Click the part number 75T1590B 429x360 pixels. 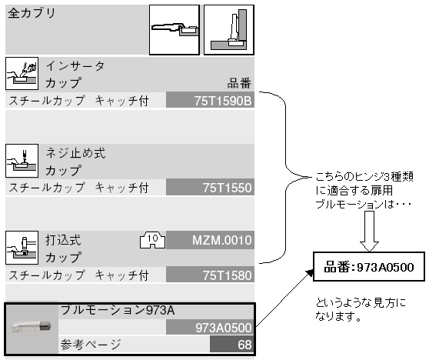point(223,101)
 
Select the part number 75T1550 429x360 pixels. point(227,188)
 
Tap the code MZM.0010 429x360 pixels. point(222,240)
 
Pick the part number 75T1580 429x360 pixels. point(227,275)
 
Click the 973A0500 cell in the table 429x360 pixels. point(223,328)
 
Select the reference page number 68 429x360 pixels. point(244,345)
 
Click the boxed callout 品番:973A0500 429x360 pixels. point(369,267)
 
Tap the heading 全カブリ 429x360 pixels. point(32,13)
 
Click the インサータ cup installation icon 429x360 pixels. point(22,73)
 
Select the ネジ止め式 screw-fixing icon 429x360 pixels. point(22,161)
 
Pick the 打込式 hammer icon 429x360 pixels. point(22,248)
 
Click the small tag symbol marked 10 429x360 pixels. point(152,240)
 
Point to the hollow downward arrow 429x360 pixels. point(369,232)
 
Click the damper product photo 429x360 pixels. point(32,327)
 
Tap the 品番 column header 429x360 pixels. point(239,83)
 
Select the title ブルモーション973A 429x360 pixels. point(118,310)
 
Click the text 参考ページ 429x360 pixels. point(91,345)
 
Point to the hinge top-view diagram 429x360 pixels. point(175,30)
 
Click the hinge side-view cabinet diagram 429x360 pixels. point(229,30)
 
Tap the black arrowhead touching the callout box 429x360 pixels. point(310,272)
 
